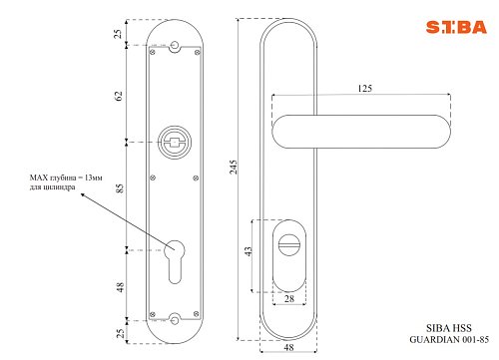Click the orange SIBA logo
click(x=456, y=27)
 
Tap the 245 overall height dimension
click(x=234, y=167)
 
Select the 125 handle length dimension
click(x=365, y=89)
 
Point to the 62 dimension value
click(x=119, y=96)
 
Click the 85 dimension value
click(x=119, y=188)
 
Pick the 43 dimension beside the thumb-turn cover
click(x=249, y=251)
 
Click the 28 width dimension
click(x=289, y=299)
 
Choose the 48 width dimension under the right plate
click(x=288, y=347)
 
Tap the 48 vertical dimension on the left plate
click(x=120, y=287)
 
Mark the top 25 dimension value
click(x=118, y=34)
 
